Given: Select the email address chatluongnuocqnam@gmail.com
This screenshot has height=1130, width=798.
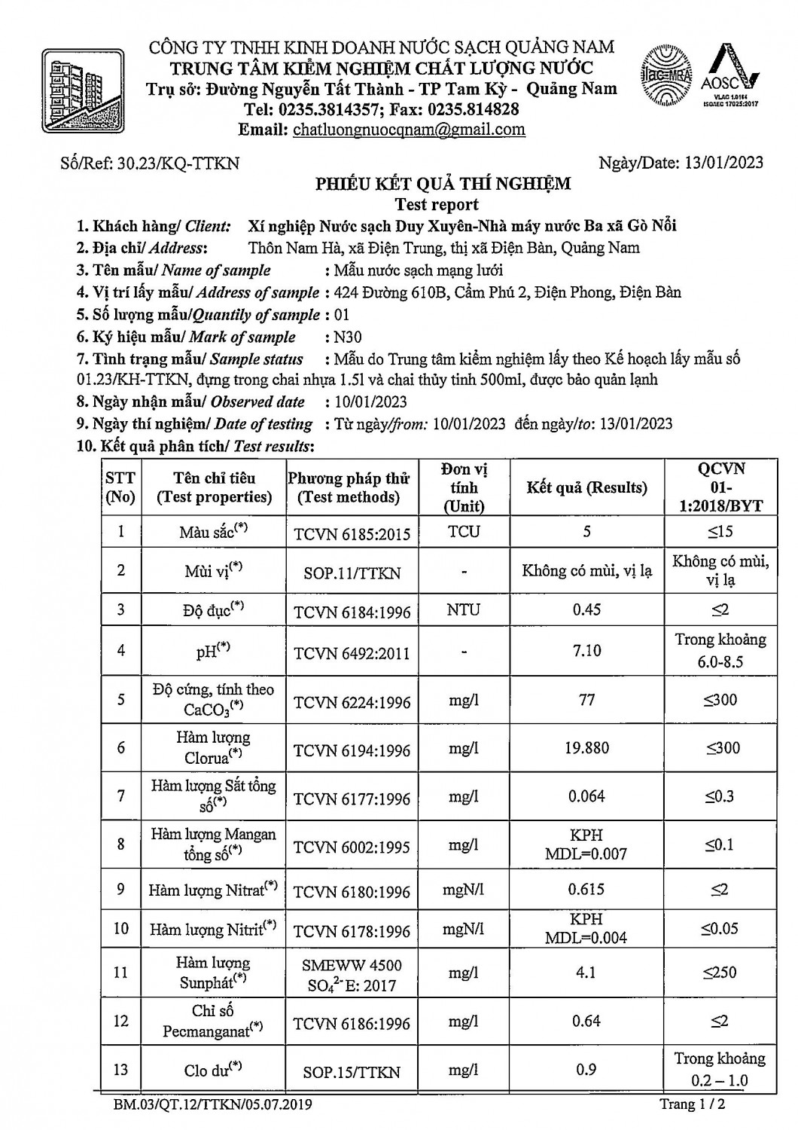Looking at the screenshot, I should click(x=409, y=130).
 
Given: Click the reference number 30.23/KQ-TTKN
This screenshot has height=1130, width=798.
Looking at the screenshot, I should click(x=178, y=163).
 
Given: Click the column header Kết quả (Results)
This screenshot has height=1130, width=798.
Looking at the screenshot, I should click(x=586, y=487).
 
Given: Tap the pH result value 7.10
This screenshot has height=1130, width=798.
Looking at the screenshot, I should click(x=586, y=650).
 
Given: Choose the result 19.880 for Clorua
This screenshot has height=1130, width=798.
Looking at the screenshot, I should click(x=586, y=748).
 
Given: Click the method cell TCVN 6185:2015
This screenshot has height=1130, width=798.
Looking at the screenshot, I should click(x=352, y=534).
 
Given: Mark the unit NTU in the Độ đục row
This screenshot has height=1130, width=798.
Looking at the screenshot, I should click(x=464, y=610).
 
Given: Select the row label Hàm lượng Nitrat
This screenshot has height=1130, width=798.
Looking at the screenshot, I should click(x=213, y=890).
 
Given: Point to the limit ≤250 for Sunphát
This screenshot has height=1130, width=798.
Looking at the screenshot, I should click(x=720, y=973).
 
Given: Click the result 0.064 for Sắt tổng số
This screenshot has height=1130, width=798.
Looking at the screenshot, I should click(x=586, y=796).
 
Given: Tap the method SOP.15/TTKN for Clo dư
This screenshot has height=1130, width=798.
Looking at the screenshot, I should click(x=352, y=1072).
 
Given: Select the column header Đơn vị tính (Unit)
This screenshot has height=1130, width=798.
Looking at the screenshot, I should click(x=464, y=487).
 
